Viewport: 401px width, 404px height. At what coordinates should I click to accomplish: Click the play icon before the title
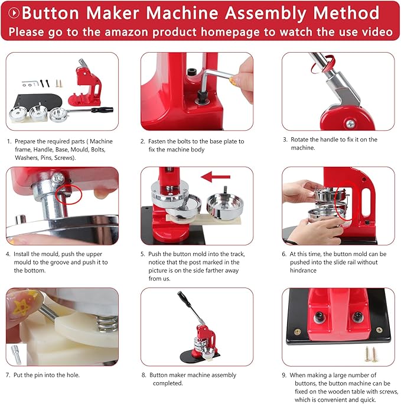12,12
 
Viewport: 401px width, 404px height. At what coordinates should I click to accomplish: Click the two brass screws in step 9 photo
370,354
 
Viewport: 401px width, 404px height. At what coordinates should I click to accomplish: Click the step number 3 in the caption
285,140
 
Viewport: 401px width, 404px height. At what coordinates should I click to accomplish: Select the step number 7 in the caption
8,375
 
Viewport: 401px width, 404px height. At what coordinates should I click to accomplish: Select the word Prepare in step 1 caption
26,141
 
